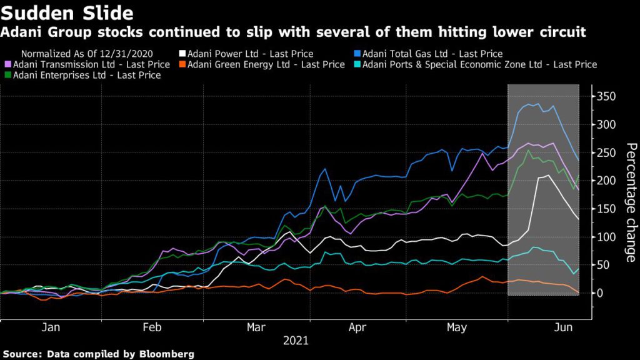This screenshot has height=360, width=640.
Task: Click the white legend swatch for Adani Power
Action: click(x=182, y=54)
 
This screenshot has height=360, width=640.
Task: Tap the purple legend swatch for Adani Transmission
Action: click(x=7, y=64)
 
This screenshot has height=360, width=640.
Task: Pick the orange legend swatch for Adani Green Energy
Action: click(x=182, y=64)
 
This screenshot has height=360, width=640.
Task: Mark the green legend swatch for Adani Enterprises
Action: click(x=7, y=75)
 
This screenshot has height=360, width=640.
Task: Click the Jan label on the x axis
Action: click(x=50, y=327)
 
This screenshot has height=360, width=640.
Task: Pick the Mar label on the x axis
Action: click(x=255, y=327)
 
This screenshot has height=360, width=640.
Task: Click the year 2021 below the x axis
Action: click(x=296, y=341)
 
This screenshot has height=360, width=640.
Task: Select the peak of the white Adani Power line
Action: click(x=547, y=176)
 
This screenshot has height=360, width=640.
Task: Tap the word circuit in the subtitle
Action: click(x=564, y=31)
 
